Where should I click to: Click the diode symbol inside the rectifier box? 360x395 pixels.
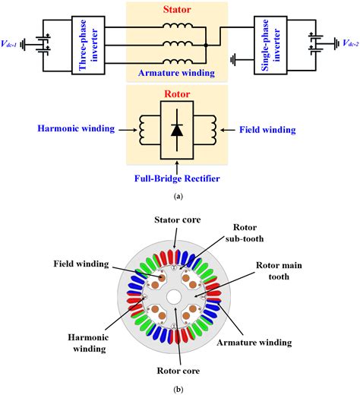[176, 131]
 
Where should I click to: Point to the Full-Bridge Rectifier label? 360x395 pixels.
[176, 180]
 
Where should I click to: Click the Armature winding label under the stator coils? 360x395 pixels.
[175, 74]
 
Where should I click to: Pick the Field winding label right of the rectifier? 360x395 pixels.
[267, 129]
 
